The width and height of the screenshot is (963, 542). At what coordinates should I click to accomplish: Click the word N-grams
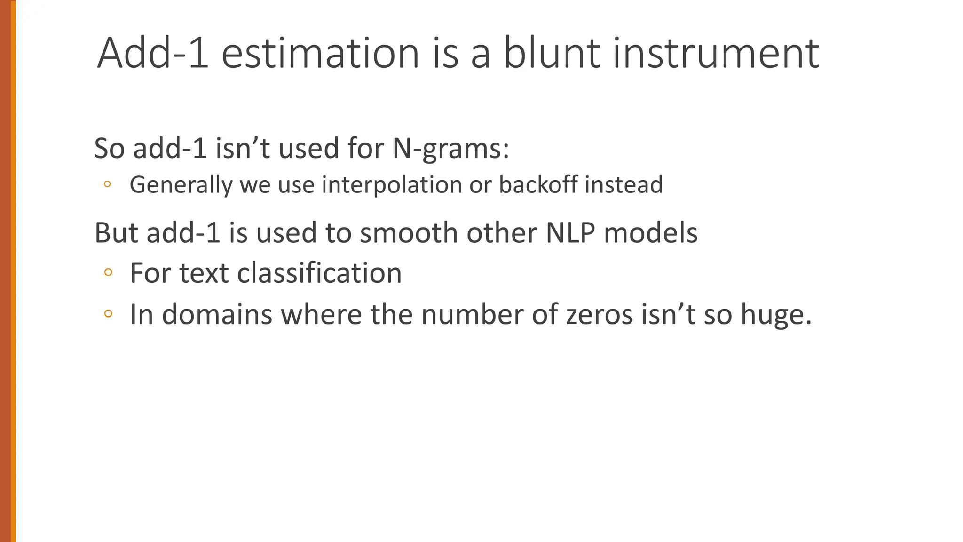450,149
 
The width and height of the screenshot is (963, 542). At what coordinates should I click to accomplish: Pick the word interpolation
392,184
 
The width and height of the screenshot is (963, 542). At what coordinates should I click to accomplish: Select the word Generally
181,184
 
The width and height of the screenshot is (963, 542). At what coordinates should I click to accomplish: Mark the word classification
319,273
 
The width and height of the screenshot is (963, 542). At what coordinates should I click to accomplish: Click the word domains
217,314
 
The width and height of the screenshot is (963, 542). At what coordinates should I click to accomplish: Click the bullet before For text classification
108,272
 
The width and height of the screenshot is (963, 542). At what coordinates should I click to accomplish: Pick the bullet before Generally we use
107,184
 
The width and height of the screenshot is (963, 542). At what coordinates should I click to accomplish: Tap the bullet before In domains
108,313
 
